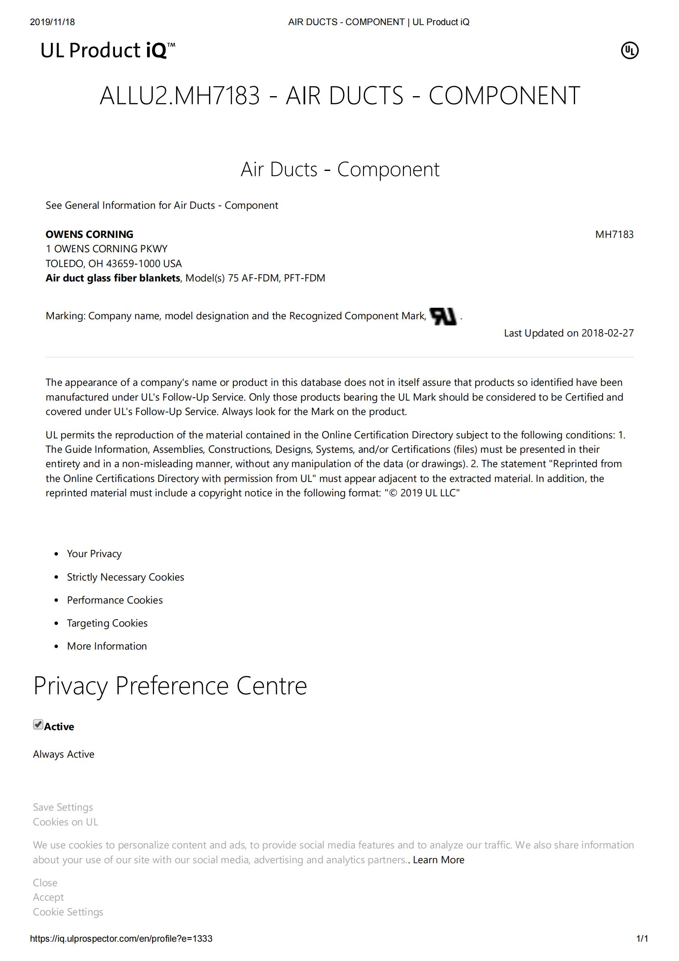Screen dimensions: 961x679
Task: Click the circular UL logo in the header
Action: pos(629,51)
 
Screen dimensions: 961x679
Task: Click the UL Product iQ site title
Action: pos(108,50)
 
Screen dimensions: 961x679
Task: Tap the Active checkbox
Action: pos(38,724)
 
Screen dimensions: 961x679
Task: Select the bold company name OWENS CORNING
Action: pos(89,234)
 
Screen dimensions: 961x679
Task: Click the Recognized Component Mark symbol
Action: pos(443,316)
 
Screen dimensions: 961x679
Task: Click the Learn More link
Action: pos(438,860)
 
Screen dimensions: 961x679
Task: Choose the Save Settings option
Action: pos(63,807)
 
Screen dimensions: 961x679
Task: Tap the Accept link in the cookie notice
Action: pos(48,897)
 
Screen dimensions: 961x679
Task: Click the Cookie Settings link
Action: pos(68,912)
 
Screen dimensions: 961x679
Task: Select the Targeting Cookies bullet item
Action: pos(107,623)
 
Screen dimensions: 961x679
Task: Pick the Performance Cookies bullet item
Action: pos(115,600)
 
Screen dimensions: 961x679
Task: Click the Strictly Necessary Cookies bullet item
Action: pos(125,577)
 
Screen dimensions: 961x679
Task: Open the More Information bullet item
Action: pos(107,646)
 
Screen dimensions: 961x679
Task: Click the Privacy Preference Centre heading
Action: pos(170,686)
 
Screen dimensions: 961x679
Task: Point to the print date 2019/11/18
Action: pos(52,22)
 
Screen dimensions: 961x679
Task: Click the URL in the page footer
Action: pos(121,938)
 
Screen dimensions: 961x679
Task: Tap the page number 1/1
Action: pos(642,938)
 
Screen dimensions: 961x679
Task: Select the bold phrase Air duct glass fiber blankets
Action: pos(113,278)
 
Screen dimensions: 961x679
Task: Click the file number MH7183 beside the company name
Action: pos(614,234)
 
